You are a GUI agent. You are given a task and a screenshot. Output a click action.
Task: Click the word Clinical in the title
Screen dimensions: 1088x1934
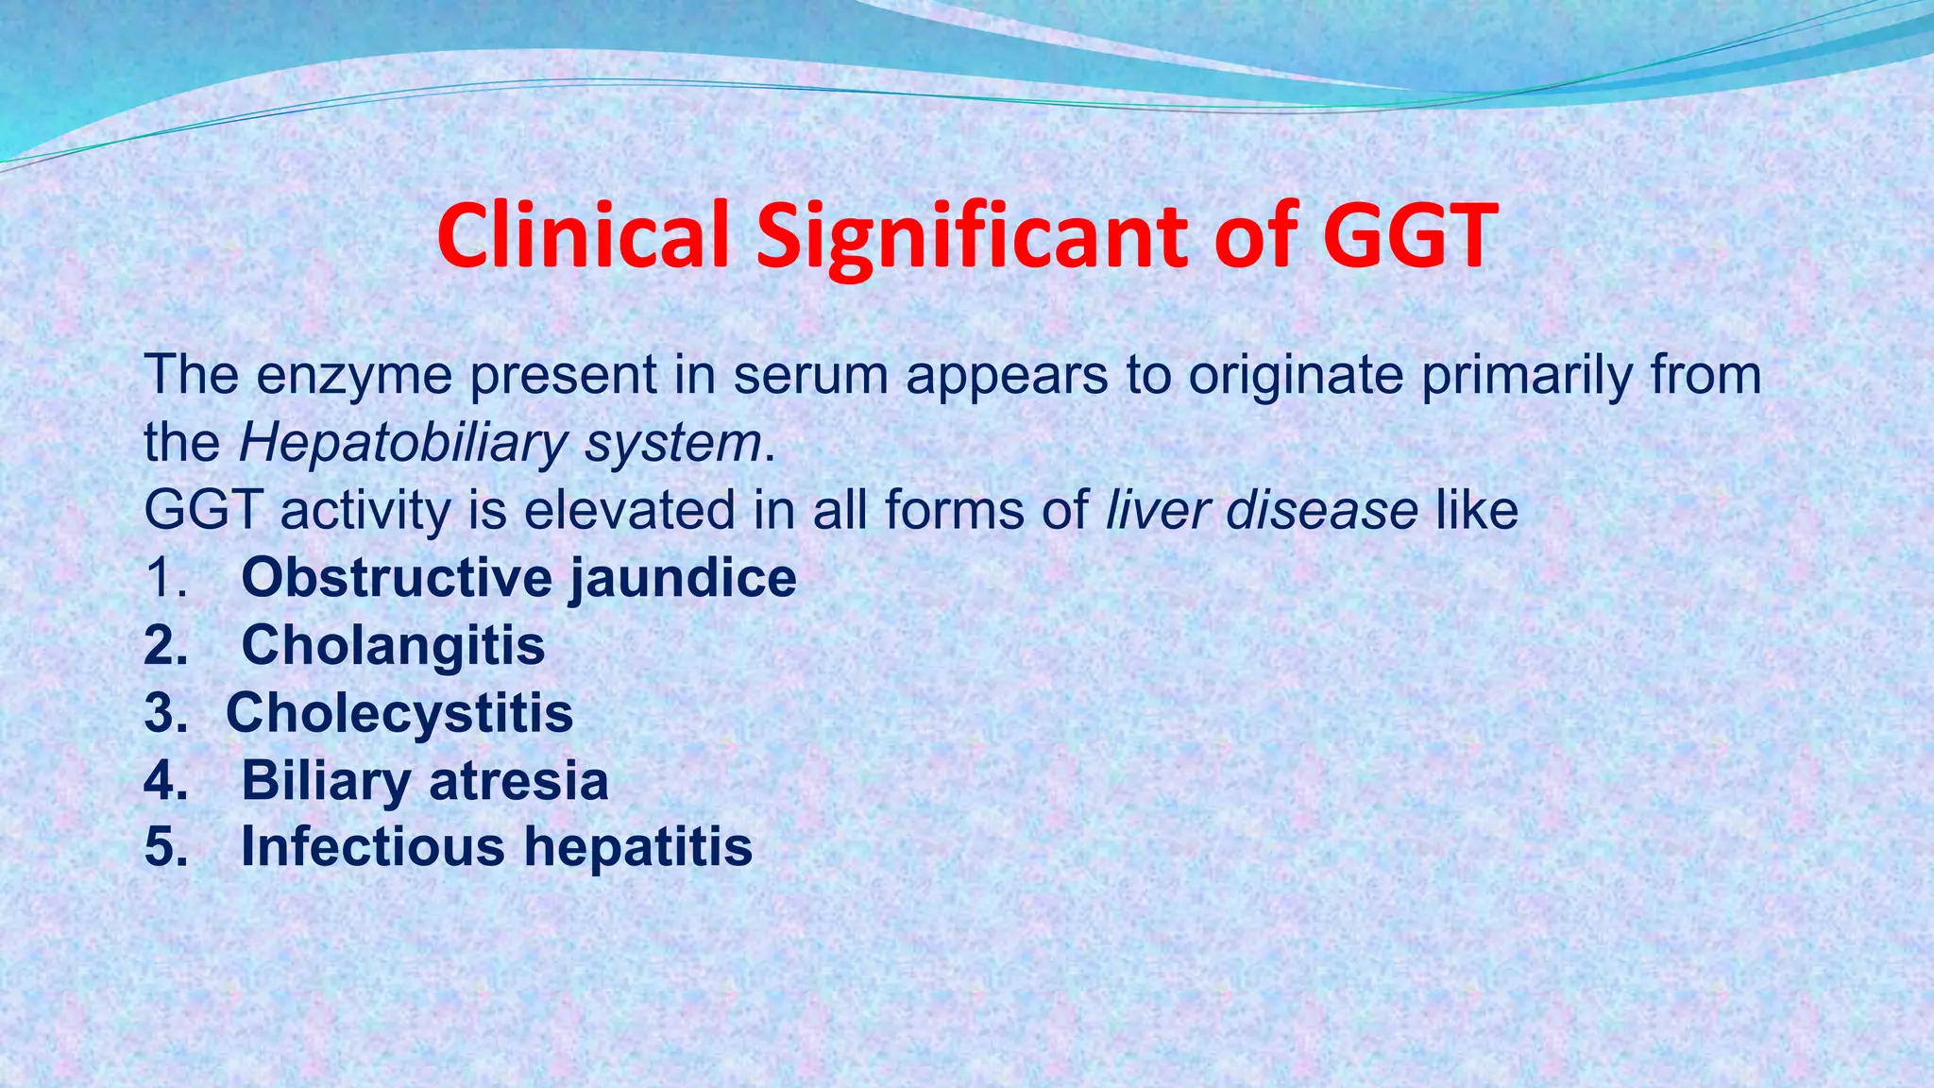click(584, 235)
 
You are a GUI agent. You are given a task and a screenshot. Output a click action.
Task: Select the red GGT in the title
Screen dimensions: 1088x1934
click(1410, 235)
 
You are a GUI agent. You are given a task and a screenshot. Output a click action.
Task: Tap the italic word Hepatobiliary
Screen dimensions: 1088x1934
click(403, 442)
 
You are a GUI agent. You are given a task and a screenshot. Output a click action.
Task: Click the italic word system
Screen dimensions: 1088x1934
click(673, 442)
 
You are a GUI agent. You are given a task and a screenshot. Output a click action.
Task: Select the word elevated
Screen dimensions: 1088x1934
click(629, 510)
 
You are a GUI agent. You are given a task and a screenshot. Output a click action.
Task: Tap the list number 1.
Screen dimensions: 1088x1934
click(166, 578)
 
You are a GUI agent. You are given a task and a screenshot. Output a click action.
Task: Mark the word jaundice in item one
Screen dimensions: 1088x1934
click(683, 578)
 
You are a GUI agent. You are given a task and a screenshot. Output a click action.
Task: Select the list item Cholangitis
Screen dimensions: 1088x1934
click(393, 645)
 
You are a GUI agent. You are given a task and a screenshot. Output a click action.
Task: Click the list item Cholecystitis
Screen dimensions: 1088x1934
click(399, 712)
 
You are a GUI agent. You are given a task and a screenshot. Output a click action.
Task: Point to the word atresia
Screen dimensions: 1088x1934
click(518, 780)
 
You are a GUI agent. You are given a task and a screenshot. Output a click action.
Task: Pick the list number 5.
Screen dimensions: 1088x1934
click(166, 846)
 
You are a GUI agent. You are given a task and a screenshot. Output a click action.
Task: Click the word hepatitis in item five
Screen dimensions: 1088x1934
click(638, 846)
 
